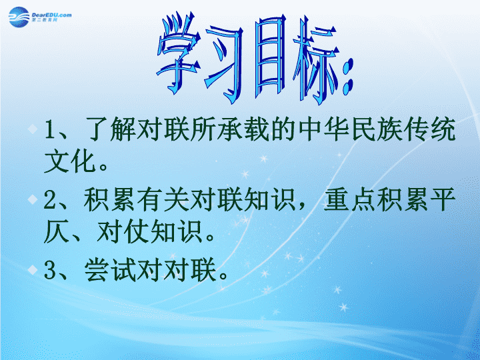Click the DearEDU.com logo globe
coord(19,17)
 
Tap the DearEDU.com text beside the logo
coord(51,15)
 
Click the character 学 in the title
coord(179,53)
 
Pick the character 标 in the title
coord(316,60)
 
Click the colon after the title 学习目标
coord(348,77)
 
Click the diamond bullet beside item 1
coord(33,129)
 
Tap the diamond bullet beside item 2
coord(33,199)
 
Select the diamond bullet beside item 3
coord(33,270)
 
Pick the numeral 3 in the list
coord(49,271)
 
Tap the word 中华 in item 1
coord(324,129)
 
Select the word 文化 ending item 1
coord(70,161)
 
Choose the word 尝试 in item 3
coord(111,270)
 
